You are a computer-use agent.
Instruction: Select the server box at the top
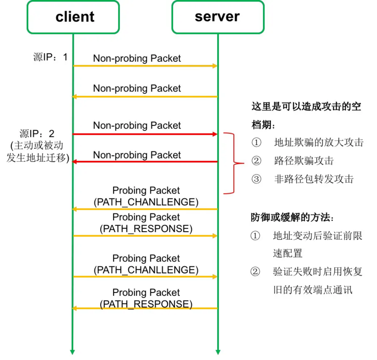(217, 17)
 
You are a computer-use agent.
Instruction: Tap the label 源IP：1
(51, 57)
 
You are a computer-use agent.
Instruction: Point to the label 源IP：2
(37, 134)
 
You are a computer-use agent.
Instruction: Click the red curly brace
(234, 164)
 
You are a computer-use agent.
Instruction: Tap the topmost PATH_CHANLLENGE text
(146, 202)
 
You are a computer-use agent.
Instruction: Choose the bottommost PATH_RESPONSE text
(146, 304)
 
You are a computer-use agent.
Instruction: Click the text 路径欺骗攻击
(304, 161)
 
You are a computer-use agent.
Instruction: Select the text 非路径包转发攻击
(314, 179)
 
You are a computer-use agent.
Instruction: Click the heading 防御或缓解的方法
(293, 218)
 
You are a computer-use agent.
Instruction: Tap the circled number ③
(256, 179)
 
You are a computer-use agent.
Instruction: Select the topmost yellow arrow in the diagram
(145, 66)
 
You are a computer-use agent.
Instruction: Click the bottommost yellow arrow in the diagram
(145, 309)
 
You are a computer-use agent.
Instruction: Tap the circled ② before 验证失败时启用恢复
(255, 272)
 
